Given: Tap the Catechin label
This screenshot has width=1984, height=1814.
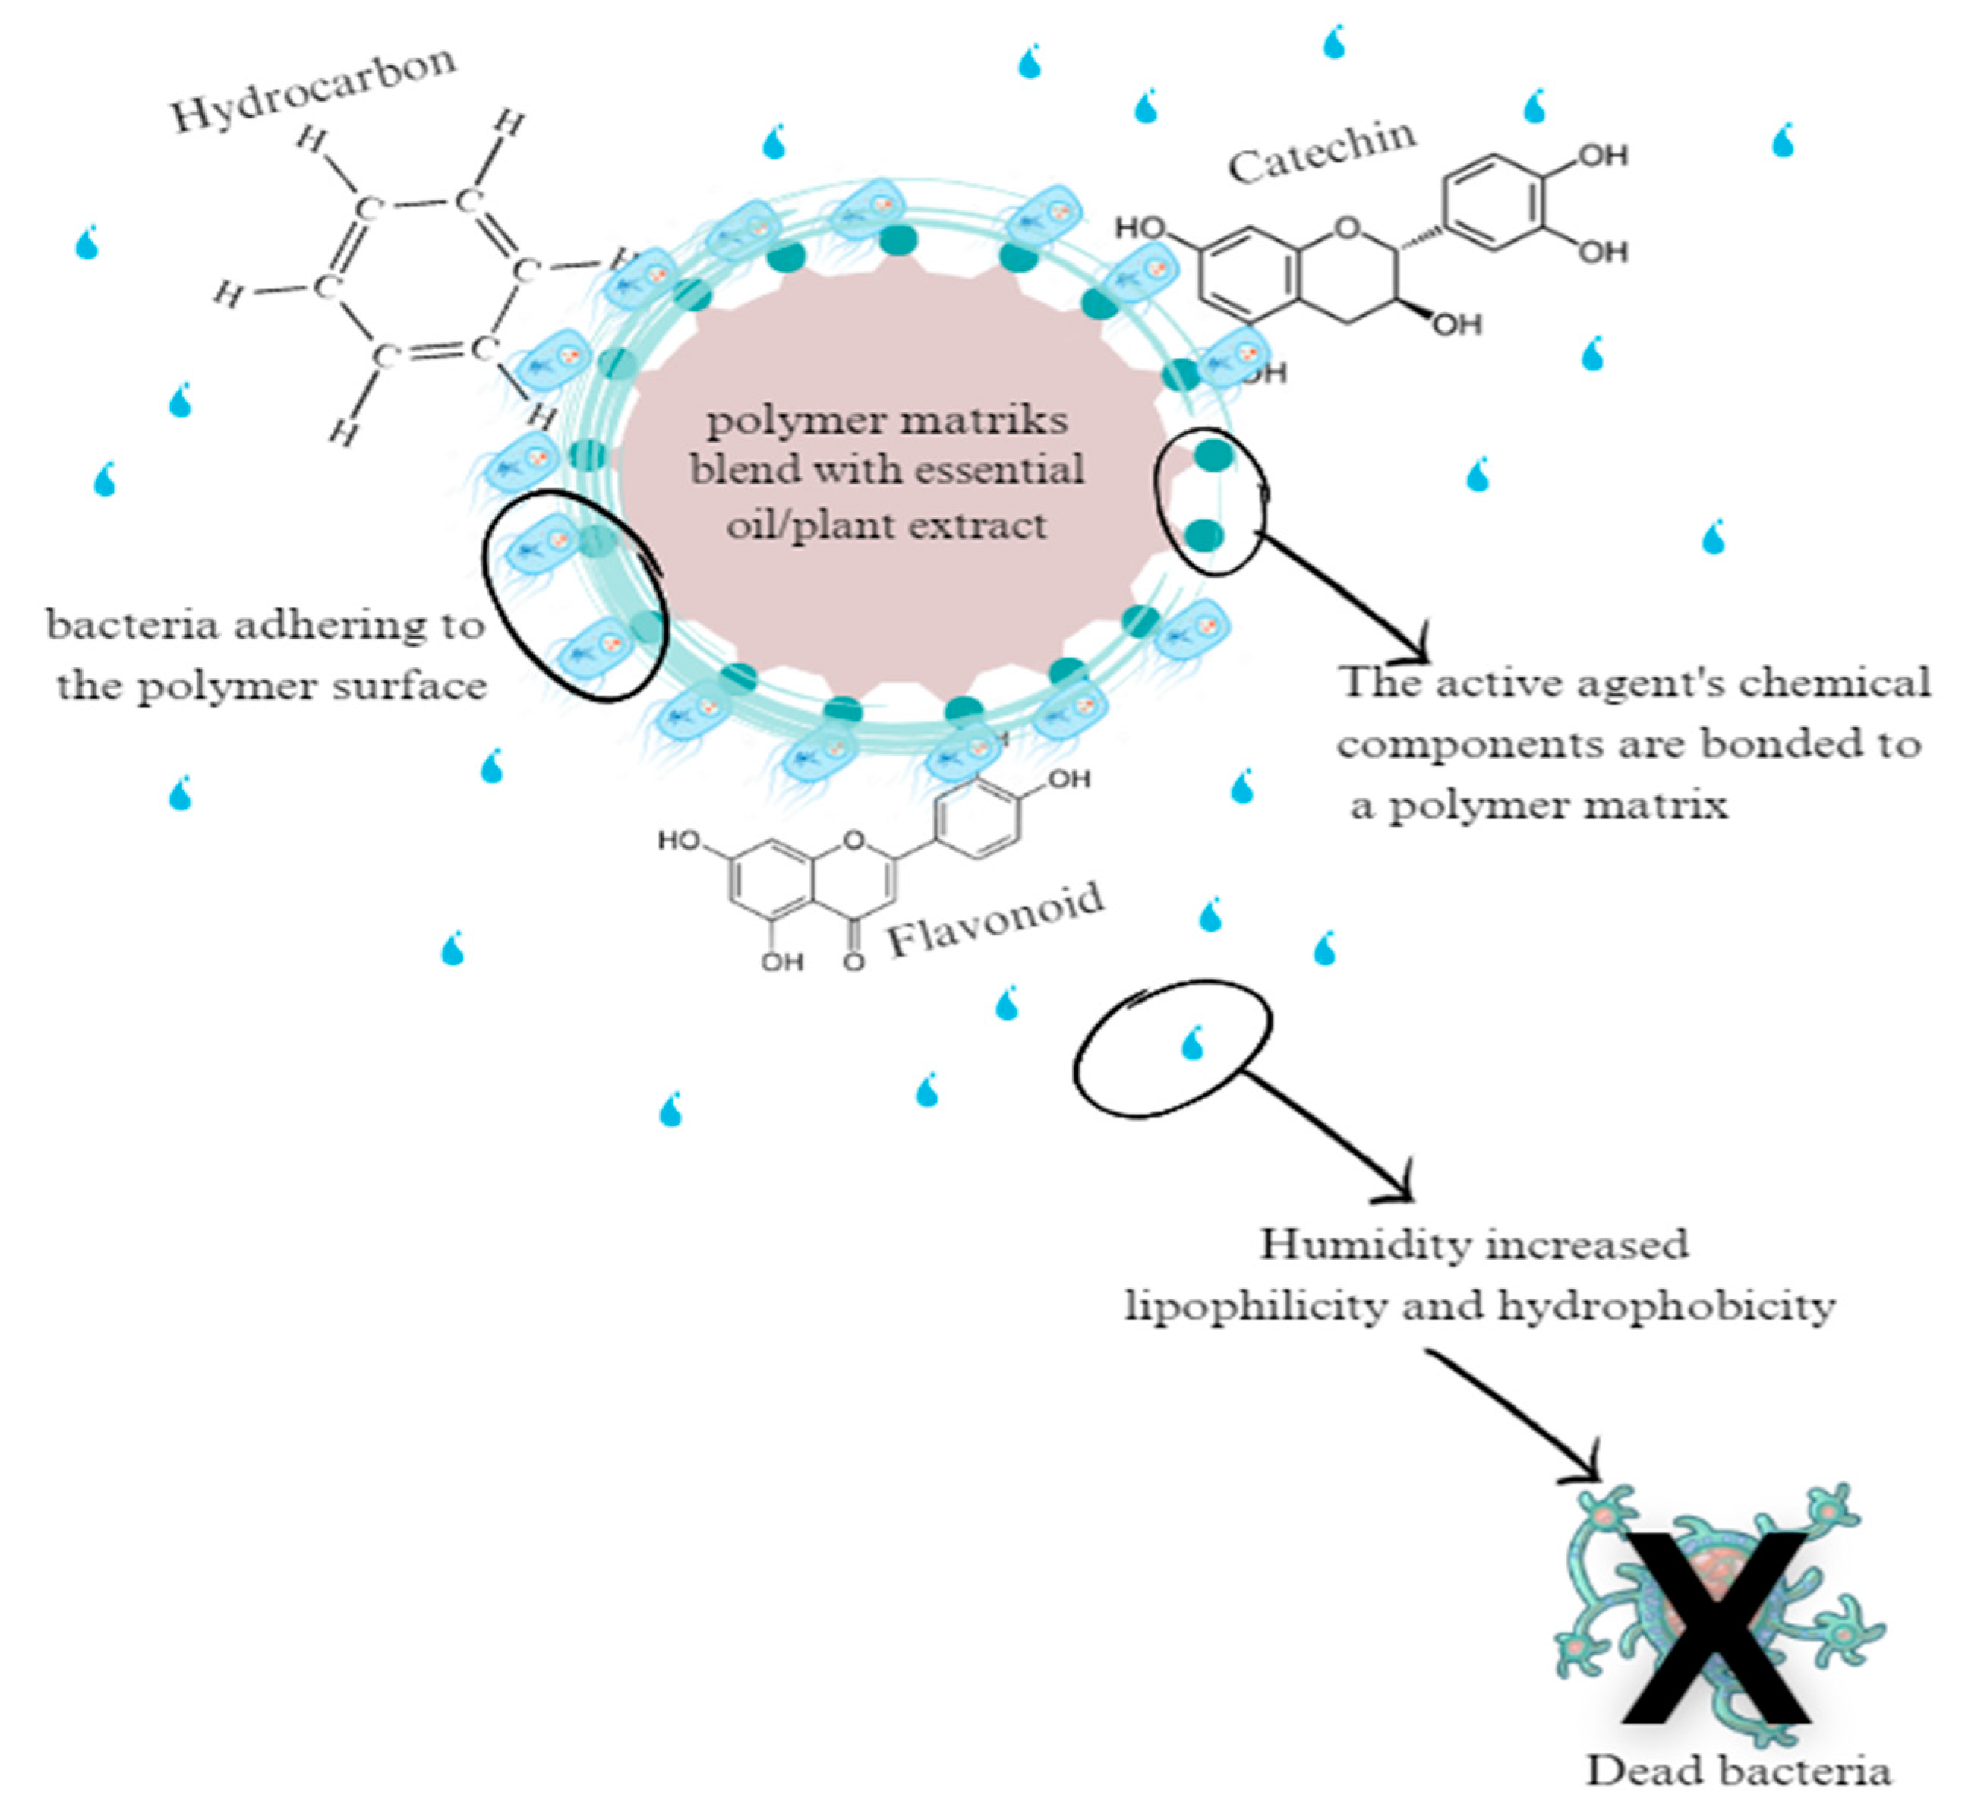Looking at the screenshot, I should tap(1322, 153).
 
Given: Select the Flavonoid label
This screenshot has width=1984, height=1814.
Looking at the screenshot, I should tap(996, 921).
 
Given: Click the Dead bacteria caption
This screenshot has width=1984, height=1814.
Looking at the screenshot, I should tap(1738, 1771).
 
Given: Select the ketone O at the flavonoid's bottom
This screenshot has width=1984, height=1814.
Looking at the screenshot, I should tap(853, 961).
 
